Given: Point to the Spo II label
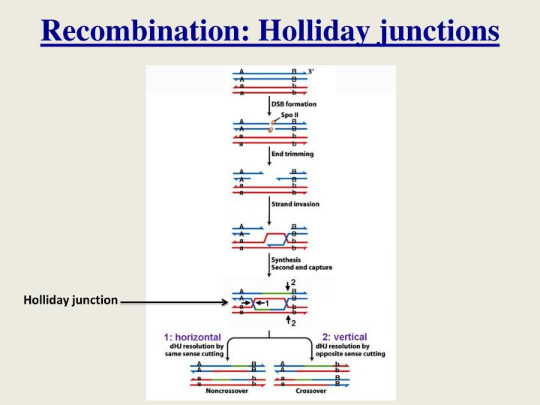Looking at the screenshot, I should pos(289,114).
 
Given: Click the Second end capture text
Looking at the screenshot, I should pos(301,267).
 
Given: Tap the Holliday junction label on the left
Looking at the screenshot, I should pos(70,301).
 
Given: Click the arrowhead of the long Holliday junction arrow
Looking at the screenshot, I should pos(223,303).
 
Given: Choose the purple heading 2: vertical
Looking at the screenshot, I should pos(344,337).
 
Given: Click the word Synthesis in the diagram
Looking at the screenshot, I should pos(286,259).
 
